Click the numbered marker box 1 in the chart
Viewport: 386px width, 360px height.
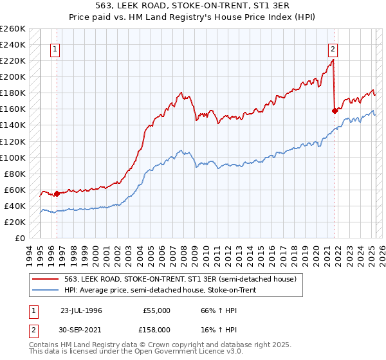[x=55, y=49]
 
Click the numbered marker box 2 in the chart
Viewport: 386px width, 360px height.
[x=333, y=49]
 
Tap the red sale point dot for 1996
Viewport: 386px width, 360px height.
[x=57, y=193]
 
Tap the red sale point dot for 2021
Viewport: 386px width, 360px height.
[x=335, y=111]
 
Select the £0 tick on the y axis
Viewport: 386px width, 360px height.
[x=21, y=238]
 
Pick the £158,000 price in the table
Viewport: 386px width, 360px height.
[x=156, y=329]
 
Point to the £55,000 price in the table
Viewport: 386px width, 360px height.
[x=156, y=310]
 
